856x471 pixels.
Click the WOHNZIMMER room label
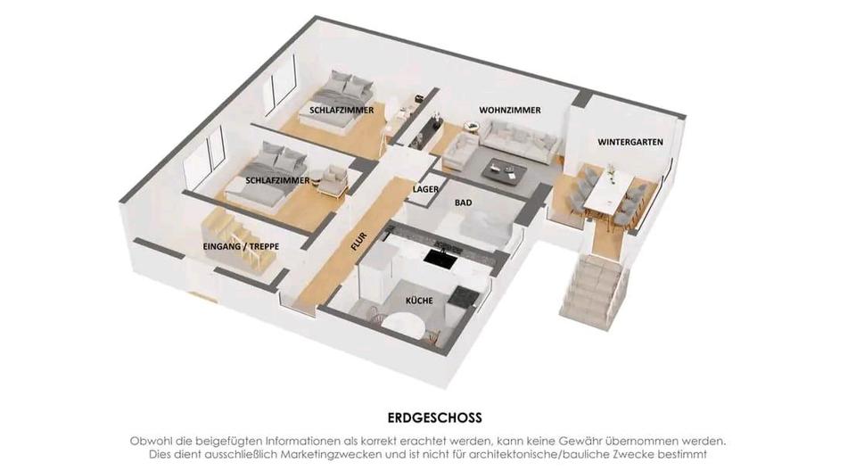510,110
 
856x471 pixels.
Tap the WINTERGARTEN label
630,142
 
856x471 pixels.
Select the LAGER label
426,189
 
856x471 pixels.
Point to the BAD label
464,202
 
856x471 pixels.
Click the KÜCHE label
419,301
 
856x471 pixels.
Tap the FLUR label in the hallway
358,242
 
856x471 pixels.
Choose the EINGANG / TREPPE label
241,246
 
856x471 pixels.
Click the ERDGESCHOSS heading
435,418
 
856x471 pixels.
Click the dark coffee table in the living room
505,170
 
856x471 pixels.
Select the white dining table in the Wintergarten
606,191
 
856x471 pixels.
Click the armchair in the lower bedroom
333,180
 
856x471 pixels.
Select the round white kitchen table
403,326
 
